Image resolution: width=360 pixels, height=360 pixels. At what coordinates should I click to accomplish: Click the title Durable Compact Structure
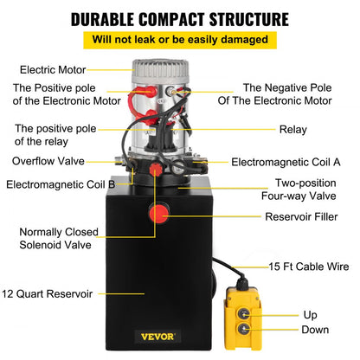(x=180, y=18)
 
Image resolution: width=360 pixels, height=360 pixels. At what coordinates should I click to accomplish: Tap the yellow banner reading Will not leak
(x=180, y=39)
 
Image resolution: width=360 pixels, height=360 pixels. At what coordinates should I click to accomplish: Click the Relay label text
(x=292, y=131)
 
